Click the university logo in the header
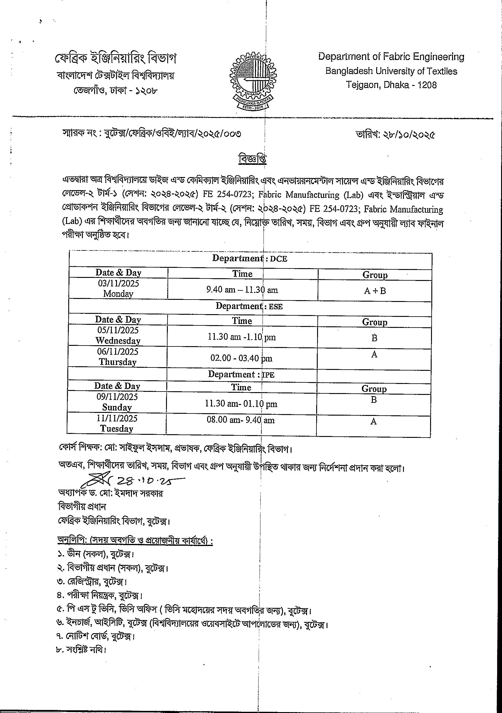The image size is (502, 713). [253, 80]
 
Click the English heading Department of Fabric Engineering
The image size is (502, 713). [391, 57]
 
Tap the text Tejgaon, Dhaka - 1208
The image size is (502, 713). [391, 85]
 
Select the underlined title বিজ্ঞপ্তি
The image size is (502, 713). [253, 159]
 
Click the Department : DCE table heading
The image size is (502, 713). [250, 258]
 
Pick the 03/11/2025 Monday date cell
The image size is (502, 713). [118, 289]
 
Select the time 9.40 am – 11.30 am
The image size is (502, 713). [242, 290]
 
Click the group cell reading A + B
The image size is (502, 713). [375, 291]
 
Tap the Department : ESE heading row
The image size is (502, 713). [249, 306]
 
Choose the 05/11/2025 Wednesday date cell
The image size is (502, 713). [118, 335]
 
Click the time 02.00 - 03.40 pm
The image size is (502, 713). [241, 358]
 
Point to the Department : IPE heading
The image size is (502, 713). [241, 374]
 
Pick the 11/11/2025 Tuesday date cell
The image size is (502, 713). [117, 424]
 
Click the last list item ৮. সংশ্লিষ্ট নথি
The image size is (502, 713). [81, 650]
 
